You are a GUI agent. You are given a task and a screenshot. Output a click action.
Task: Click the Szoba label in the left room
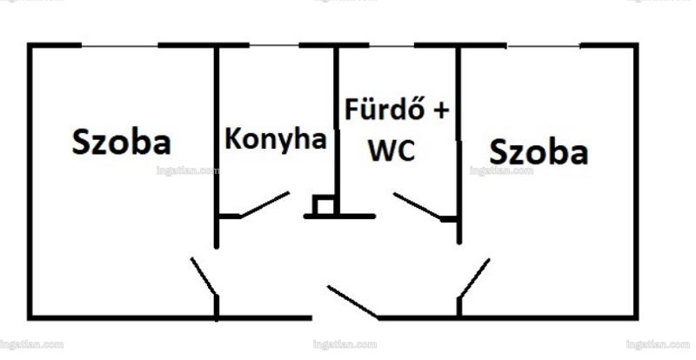coord(121,142)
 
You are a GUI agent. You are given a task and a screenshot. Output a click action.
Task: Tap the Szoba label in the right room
coord(539,152)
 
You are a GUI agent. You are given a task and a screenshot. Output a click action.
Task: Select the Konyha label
coord(276,140)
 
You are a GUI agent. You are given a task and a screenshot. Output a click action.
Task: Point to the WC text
coord(392,150)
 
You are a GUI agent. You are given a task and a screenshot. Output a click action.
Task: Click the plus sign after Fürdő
coord(441,110)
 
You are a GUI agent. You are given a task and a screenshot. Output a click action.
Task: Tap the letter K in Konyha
coord(233,138)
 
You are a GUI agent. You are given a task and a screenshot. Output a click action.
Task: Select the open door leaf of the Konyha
coord(265,204)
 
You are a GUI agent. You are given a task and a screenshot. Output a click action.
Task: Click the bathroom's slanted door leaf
coord(418,205)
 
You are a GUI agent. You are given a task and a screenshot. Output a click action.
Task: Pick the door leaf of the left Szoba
coord(204,277)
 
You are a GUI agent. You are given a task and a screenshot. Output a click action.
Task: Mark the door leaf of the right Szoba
coord(474,278)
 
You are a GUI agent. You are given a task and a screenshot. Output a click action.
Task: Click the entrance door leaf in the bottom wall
coord(353,302)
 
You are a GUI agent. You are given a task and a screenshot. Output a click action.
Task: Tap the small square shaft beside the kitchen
coord(324,205)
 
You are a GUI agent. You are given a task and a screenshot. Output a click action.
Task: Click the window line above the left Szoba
coord(120,45)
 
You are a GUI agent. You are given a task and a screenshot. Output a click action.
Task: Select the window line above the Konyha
coord(274,45)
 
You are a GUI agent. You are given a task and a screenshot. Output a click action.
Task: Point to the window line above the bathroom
coord(392,45)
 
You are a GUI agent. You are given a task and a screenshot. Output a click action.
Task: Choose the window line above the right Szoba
coord(544,46)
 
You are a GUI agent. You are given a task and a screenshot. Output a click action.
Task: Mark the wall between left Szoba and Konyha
coord(217,146)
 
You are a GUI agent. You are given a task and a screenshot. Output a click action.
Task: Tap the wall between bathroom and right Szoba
coord(459,144)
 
